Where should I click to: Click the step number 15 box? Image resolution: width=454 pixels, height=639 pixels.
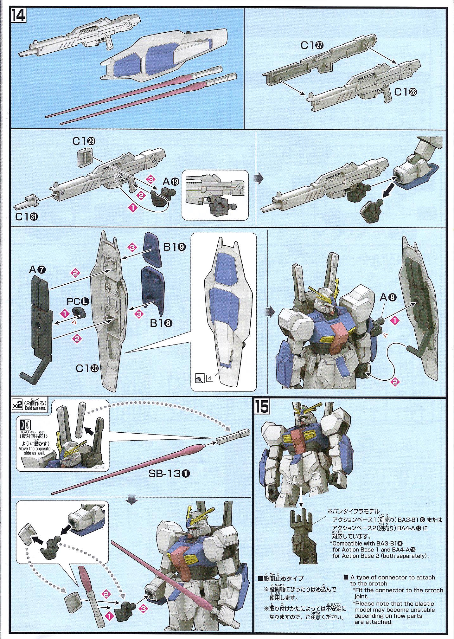point(262,407)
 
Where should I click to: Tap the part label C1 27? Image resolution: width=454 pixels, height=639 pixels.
point(312,45)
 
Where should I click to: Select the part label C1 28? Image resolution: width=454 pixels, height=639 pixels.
point(406,92)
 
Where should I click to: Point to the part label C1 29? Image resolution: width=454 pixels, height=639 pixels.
point(84,141)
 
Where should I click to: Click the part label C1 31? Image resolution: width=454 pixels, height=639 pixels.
point(27,217)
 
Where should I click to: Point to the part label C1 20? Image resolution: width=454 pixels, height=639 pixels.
point(87,368)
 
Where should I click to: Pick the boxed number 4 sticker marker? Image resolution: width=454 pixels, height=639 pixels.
point(210,378)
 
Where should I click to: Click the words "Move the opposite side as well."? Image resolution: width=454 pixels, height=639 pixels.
point(35,450)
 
